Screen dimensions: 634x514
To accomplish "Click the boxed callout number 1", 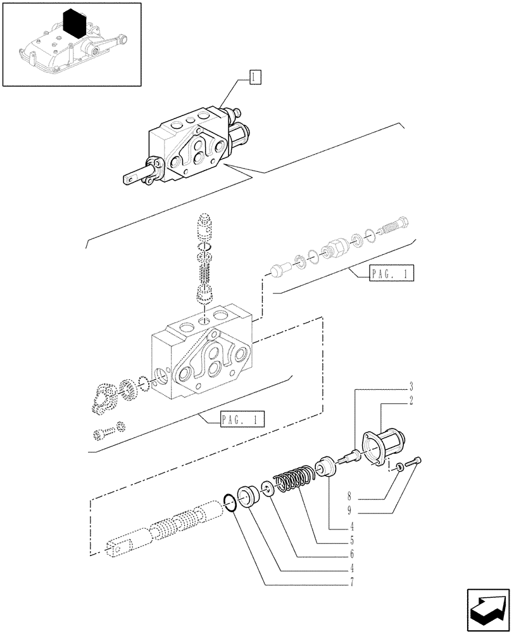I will pos(253,78).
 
